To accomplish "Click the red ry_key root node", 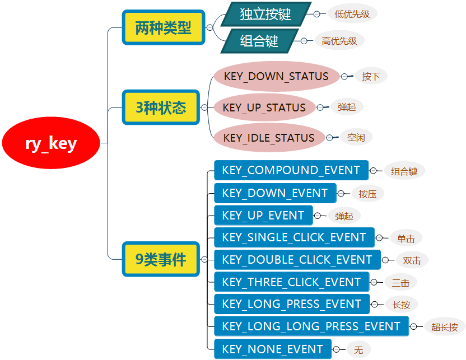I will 51,144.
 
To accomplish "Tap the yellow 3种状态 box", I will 161,107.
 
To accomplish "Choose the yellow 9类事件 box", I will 161,259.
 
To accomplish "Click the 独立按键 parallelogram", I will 265,14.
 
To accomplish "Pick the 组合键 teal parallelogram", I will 259,41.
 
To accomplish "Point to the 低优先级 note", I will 352,14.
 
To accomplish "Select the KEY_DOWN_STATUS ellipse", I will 276,76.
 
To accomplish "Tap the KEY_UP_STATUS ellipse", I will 264,107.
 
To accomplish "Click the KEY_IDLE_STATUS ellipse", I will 269,138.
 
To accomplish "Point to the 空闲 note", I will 356,138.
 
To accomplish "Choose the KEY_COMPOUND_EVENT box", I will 291,170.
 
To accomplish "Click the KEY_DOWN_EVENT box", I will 275,193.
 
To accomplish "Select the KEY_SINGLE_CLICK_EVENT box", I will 294,237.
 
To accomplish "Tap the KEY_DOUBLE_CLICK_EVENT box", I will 297,260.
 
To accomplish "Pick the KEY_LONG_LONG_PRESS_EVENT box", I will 311,326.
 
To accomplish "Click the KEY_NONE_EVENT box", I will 273,349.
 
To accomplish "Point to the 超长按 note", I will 445,327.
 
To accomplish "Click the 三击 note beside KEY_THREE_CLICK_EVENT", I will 401,282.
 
